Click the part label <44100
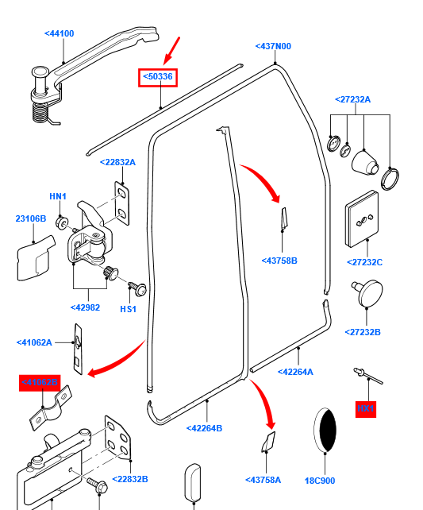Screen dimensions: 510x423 (x=59, y=33)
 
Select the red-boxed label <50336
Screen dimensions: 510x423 (x=159, y=77)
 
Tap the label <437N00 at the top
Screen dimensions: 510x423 (x=273, y=46)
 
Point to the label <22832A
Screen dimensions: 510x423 (x=117, y=162)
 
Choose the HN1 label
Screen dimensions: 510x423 (x=58, y=196)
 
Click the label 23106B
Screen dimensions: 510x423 (x=31, y=218)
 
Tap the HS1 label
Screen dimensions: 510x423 (x=129, y=308)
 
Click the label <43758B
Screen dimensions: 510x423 (x=279, y=260)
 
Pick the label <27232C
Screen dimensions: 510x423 (x=364, y=262)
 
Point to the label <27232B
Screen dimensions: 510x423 (x=363, y=332)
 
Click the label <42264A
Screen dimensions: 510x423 (x=295, y=371)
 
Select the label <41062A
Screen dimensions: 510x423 (x=34, y=342)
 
